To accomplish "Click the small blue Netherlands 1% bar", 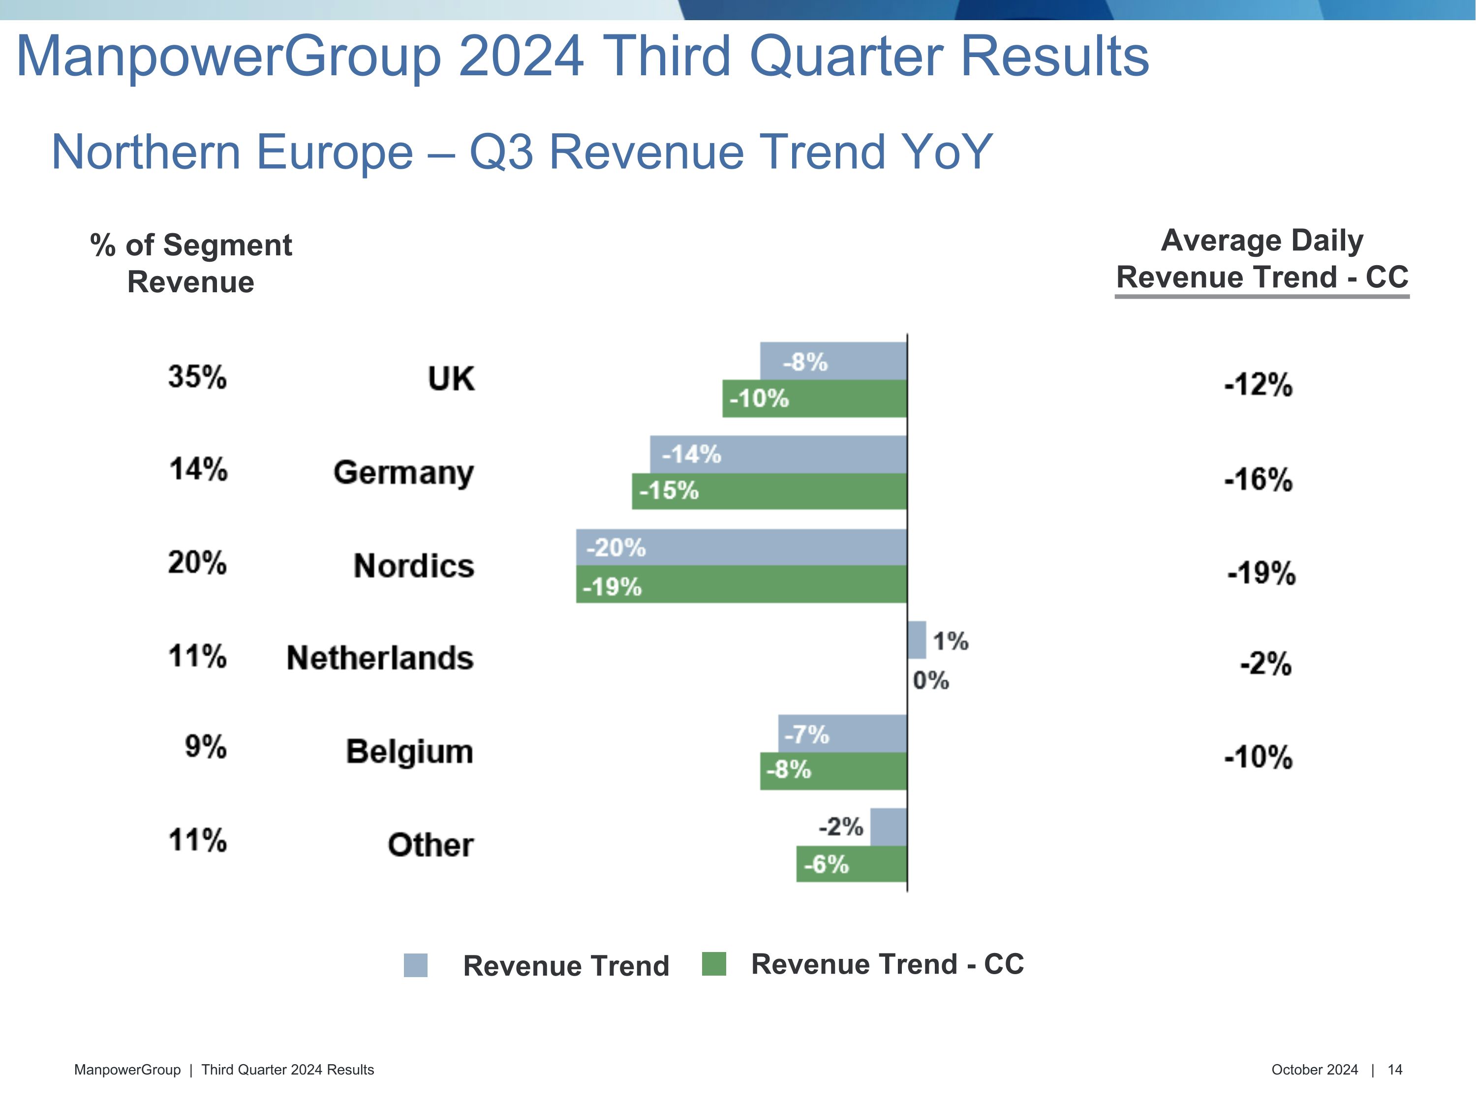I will pos(916,640).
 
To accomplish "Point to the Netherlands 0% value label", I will pos(930,680).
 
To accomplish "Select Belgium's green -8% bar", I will pos(833,770).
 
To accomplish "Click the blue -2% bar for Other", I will pos(888,827).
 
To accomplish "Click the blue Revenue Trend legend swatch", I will pos(415,965).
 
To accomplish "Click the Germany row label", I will pos(404,472).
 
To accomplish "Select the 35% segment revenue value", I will pos(197,377).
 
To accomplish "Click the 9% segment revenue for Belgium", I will pos(206,747).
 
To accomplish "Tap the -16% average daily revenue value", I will pos(1258,480).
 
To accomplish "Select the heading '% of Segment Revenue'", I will pos(191,263).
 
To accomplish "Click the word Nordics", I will pos(414,566).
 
